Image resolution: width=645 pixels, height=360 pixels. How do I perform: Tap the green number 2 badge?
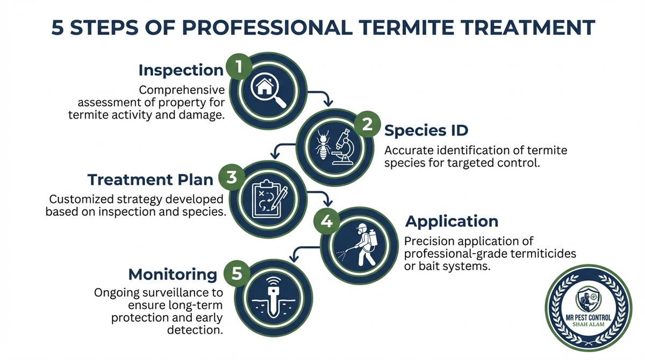[x=367, y=125]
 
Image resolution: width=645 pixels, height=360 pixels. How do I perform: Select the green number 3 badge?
[x=232, y=178]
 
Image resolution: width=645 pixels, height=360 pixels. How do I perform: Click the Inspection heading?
[x=181, y=70]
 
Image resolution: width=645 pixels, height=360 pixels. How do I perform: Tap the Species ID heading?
[x=426, y=130]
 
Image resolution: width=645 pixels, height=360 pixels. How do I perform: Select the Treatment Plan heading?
[x=150, y=179]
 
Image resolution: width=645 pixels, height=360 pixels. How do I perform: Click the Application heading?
[x=451, y=221]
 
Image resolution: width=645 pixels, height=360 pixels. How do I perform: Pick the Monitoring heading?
[x=173, y=275]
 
